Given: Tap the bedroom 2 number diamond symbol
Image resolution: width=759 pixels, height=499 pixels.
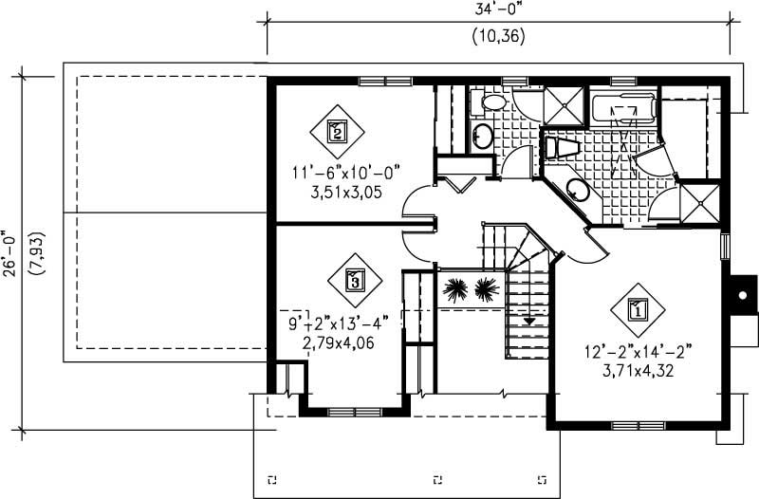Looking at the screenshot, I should [336, 131].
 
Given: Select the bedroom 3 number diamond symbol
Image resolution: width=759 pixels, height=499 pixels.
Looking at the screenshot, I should [354, 281].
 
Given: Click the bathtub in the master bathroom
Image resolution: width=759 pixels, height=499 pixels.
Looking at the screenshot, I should [622, 112].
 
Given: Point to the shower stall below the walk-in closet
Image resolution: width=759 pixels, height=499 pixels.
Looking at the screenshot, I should [700, 201].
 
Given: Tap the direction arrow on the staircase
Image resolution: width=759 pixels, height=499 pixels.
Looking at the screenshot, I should [529, 320].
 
